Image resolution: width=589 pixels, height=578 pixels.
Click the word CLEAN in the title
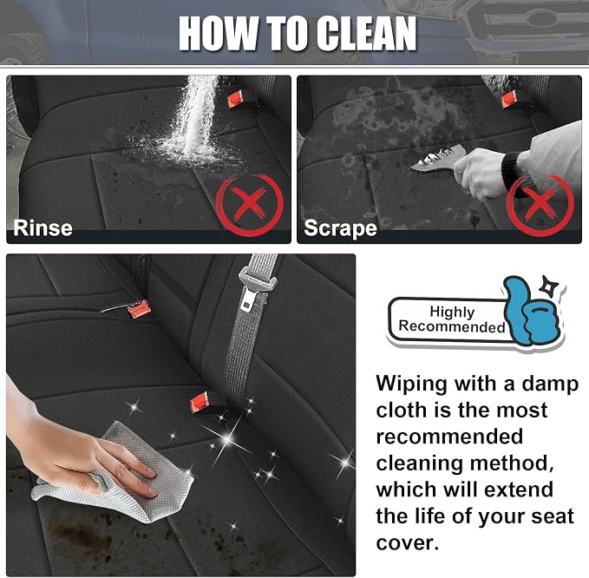(366, 33)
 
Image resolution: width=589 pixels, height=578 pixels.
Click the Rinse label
(43, 228)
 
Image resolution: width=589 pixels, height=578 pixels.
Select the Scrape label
(340, 228)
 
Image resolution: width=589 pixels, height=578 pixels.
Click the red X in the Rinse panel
(250, 205)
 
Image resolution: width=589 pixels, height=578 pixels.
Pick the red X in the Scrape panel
(540, 205)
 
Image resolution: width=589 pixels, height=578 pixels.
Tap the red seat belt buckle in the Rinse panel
(236, 100)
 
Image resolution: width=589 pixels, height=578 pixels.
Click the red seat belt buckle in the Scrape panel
(509, 99)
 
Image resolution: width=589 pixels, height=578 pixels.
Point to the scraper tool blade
(435, 159)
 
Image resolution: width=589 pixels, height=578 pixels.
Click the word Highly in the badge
(452, 312)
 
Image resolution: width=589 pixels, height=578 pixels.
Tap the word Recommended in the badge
(452, 326)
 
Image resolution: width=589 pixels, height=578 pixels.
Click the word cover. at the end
(407, 543)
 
